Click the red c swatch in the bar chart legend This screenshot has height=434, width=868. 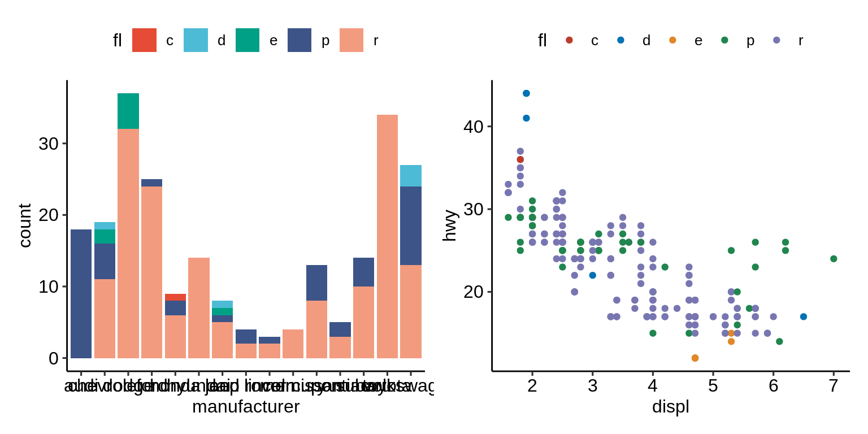tap(144, 40)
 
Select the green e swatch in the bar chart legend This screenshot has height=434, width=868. tap(248, 40)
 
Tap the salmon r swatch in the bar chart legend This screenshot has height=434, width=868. tap(351, 40)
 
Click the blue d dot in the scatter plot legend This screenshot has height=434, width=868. tap(621, 40)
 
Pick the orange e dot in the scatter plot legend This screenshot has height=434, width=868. tap(672, 40)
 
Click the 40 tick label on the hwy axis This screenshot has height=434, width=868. tap(473, 127)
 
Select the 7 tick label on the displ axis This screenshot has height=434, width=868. tap(834, 386)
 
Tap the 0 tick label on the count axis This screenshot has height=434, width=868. tap(54, 358)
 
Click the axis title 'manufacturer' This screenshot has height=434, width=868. tap(246, 406)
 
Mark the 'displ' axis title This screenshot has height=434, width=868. tap(671, 406)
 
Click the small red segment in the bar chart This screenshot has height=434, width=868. tap(175, 297)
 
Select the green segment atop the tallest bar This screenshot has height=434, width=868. tap(128, 111)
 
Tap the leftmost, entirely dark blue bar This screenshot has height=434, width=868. tap(81, 294)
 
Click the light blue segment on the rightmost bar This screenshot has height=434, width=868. tap(411, 175)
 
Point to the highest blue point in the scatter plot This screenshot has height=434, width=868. tap(526, 93)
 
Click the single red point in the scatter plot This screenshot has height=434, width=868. tap(520, 159)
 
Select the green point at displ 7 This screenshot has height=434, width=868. tap(834, 259)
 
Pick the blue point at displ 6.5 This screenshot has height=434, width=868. tap(804, 316)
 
